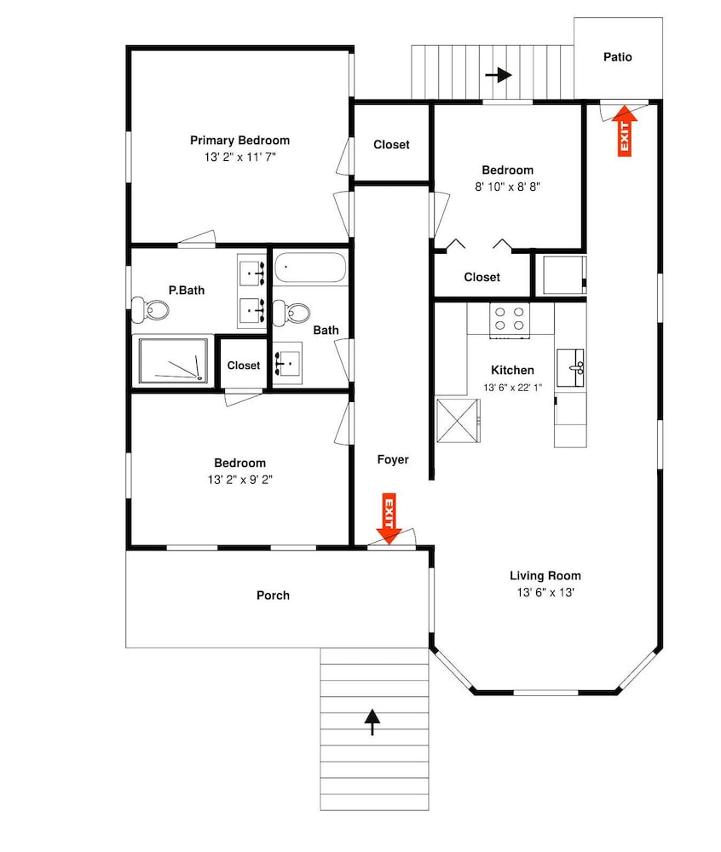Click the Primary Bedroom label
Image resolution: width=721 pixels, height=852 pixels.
click(239, 141)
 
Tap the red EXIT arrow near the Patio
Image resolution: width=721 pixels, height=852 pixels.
click(625, 130)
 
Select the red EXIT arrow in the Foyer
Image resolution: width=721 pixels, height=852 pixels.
click(389, 518)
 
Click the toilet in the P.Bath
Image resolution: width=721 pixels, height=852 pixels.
click(150, 310)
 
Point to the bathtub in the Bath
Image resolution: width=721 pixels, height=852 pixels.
click(309, 268)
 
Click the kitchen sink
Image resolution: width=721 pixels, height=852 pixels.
click(570, 368)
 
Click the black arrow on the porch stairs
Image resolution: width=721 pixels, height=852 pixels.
click(372, 722)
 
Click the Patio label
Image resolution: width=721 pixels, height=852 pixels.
click(618, 57)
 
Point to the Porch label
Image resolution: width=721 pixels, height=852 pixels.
click(273, 596)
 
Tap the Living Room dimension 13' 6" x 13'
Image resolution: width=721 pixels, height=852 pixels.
click(545, 592)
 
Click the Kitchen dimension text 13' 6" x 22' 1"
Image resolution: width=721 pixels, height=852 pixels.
click(512, 388)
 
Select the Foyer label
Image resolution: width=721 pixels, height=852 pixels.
click(393, 460)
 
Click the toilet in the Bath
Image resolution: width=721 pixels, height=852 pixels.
click(291, 313)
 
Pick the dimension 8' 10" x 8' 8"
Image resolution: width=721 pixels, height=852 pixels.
click(507, 187)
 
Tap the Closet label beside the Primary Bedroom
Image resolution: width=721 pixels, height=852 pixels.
click(391, 145)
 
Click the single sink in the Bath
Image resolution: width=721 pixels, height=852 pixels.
click(287, 363)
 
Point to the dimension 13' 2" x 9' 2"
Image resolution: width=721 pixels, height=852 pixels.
click(239, 480)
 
